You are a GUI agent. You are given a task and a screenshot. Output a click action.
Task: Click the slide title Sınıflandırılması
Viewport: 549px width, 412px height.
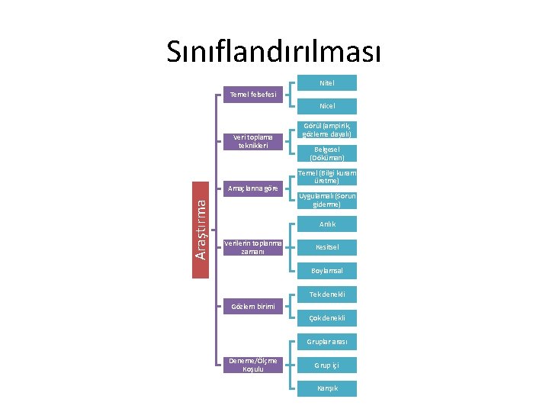click(x=274, y=53)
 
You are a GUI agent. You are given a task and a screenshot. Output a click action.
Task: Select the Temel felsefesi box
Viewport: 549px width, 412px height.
click(x=254, y=95)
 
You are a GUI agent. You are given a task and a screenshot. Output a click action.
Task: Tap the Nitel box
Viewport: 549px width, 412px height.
click(x=327, y=82)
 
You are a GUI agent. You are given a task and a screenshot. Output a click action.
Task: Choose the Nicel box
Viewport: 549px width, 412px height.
click(x=327, y=106)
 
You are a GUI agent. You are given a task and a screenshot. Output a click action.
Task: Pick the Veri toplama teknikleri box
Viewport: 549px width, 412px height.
click(x=254, y=141)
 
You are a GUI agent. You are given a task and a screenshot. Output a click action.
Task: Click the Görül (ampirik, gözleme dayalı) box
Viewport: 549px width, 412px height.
click(x=327, y=129)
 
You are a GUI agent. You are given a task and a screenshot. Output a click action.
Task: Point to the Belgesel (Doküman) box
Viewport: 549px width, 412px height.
click(x=327, y=153)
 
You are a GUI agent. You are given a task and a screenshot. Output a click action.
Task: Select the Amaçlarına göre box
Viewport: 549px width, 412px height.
click(x=254, y=188)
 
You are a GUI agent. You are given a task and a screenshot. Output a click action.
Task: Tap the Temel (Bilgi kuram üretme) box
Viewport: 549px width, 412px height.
click(x=327, y=177)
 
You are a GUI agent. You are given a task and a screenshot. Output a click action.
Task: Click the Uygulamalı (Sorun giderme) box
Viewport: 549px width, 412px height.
click(x=327, y=201)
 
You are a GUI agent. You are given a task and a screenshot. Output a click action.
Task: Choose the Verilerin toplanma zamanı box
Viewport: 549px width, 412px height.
click(x=254, y=247)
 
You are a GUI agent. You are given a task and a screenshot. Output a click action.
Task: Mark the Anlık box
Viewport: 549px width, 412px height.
click(x=327, y=224)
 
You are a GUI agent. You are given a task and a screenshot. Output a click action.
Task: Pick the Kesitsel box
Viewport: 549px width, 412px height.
click(x=327, y=247)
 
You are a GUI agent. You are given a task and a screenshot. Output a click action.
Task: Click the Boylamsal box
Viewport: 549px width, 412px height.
click(x=327, y=271)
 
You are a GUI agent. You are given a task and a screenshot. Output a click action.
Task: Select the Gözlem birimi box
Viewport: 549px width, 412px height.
click(x=254, y=306)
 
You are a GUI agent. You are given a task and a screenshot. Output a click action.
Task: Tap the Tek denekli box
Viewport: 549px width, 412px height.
click(x=327, y=295)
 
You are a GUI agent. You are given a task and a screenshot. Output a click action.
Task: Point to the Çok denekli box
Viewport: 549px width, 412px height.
click(x=327, y=318)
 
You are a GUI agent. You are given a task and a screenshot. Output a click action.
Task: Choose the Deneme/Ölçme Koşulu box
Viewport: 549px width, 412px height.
click(x=254, y=365)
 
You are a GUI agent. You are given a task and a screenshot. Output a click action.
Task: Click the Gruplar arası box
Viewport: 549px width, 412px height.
click(x=327, y=341)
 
